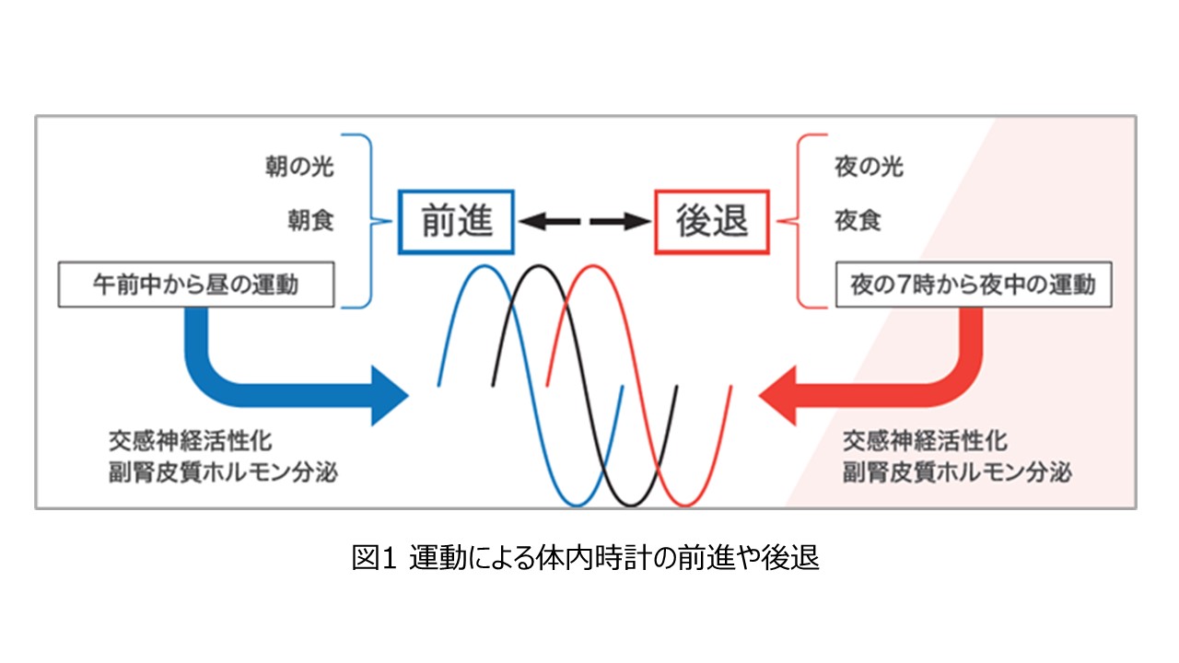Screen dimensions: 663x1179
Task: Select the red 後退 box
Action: (x=712, y=222)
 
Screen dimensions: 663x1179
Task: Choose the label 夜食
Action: (x=857, y=222)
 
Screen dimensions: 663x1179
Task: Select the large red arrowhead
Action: (x=778, y=394)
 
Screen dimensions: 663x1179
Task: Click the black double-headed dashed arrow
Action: (x=584, y=222)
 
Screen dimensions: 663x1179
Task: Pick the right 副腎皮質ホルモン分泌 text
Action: (x=958, y=473)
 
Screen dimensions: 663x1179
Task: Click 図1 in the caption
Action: (x=373, y=559)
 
